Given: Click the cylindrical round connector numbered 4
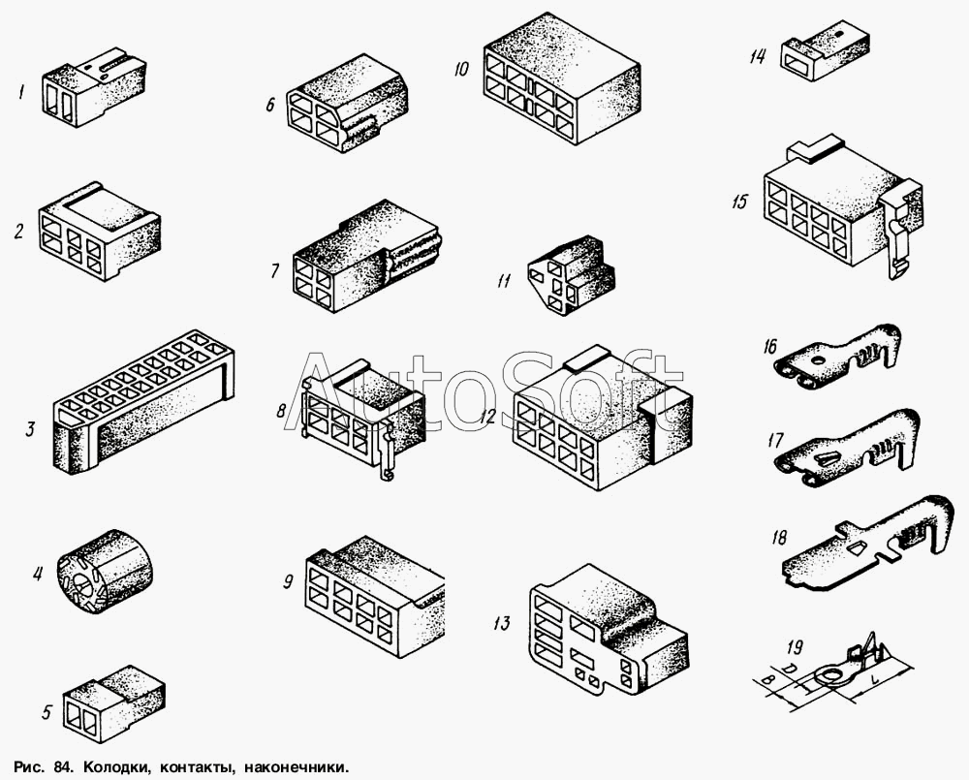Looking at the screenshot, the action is point(105,572).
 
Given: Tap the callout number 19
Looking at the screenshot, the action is point(795,647).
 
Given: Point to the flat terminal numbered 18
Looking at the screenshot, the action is point(865,541).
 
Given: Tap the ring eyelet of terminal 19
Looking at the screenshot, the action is point(829,675).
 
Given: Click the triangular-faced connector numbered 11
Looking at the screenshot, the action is point(572,275).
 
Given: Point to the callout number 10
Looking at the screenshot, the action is point(461,69).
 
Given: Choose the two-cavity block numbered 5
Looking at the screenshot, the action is point(114,703).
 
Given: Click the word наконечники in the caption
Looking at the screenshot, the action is point(297,768).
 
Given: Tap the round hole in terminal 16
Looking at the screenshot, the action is point(819,359).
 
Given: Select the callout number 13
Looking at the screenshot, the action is point(502,624).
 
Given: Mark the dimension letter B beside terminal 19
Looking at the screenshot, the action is point(768,680).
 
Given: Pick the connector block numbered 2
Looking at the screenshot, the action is point(100,231).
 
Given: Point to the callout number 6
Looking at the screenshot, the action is point(270,105).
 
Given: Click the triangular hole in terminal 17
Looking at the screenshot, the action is point(827,458).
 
